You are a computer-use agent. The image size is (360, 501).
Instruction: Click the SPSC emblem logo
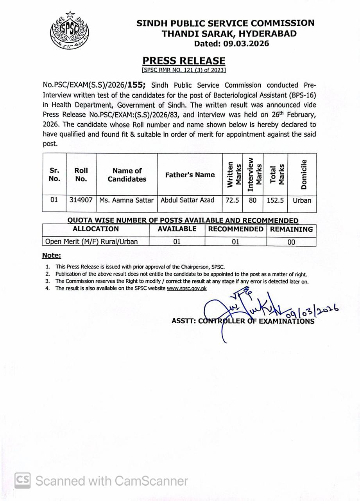click(x=69, y=31)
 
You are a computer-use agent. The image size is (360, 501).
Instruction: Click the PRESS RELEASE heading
click(x=184, y=61)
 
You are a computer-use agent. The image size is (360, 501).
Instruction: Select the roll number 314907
click(x=81, y=200)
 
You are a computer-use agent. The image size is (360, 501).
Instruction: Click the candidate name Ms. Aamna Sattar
click(x=126, y=200)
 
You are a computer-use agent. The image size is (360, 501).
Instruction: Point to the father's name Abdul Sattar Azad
click(x=188, y=200)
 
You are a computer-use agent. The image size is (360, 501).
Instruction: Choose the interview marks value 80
click(x=253, y=200)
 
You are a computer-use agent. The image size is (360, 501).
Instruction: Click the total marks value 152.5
click(x=275, y=200)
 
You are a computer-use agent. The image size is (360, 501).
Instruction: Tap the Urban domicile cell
click(x=302, y=200)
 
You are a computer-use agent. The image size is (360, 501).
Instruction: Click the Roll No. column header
click(x=81, y=175)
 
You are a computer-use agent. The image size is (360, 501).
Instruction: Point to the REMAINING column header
click(x=291, y=229)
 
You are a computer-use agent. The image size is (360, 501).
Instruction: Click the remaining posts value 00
click(x=291, y=242)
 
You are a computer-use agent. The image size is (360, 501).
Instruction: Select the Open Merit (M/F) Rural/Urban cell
click(x=92, y=241)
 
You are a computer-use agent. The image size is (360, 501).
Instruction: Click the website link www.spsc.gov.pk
click(x=186, y=288)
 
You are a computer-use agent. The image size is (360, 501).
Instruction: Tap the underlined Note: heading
click(x=52, y=256)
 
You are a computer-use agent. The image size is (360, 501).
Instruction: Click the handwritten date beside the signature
click(x=312, y=311)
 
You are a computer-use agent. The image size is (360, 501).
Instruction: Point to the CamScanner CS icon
click(x=23, y=480)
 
